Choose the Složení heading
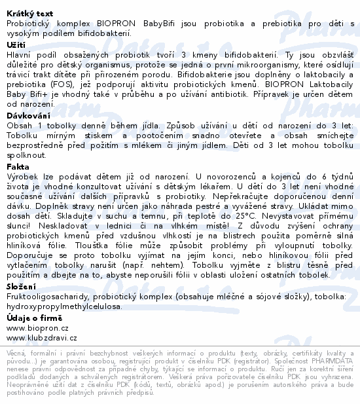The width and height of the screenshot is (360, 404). pyautogui.click(x=21, y=286)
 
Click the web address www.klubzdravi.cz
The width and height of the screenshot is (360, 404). pyautogui.click(x=41, y=338)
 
